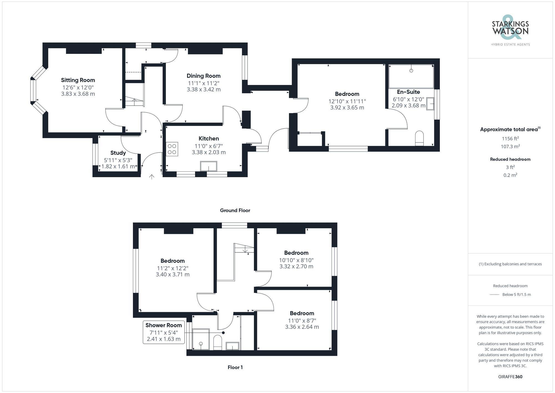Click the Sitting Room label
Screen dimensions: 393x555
click(78, 80)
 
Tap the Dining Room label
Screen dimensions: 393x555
click(203, 76)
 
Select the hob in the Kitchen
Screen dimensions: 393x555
click(172, 149)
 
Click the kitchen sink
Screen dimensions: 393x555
click(209, 166)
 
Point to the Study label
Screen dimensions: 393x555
click(118, 153)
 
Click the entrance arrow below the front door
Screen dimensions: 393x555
click(152, 177)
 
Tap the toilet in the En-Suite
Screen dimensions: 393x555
click(419, 138)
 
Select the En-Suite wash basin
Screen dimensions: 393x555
click(430, 104)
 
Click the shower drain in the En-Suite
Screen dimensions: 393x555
click(411, 71)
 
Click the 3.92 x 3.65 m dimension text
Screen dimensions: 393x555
click(347, 107)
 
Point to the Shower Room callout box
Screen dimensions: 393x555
click(164, 332)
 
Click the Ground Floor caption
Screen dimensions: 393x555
click(235, 211)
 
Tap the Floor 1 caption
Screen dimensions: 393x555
click(235, 367)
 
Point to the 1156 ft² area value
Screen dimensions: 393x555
click(510, 139)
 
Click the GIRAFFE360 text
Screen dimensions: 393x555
click(510, 377)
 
